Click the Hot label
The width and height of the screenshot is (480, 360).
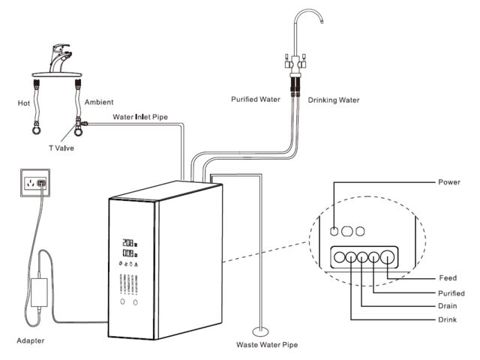[23, 103]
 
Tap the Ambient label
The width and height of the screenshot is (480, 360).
[99, 102]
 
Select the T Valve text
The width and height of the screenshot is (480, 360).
[61, 148]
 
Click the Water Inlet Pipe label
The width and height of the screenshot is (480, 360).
[140, 117]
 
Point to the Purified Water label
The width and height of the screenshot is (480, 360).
[256, 100]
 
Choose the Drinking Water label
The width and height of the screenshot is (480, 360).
[334, 100]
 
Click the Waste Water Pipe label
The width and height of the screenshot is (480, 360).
[267, 345]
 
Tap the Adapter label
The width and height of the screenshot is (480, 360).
[30, 340]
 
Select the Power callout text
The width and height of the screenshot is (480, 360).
[449, 182]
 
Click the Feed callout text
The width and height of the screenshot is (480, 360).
[448, 278]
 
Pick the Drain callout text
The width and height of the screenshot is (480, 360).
[448, 306]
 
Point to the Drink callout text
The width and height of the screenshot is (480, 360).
[447, 319]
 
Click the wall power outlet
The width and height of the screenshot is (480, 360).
[35, 183]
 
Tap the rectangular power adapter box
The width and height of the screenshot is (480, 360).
[39, 292]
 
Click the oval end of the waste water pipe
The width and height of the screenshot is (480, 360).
[260, 331]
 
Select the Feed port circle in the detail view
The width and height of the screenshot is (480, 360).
[387, 256]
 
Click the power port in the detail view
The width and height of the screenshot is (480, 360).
[334, 231]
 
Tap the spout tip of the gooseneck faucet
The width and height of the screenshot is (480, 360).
[322, 22]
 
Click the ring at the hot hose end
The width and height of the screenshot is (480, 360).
[37, 130]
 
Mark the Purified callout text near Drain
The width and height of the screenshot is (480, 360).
[451, 293]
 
